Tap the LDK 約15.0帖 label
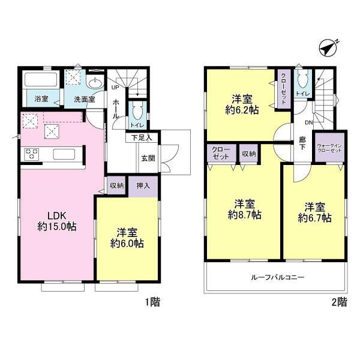tap(57, 221)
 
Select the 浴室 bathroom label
tap(41, 99)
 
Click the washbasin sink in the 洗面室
tap(95, 83)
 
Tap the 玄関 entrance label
tap(148, 158)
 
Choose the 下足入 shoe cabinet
tap(142, 138)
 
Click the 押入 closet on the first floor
tap(143, 187)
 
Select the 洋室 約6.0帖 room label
tap(127, 238)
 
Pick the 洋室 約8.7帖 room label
tap(245, 209)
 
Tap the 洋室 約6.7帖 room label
tap(315, 212)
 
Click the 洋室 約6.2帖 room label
tap(242, 104)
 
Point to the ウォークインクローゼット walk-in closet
tap(329, 148)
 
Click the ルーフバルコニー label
tap(278, 277)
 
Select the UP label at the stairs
tap(115, 88)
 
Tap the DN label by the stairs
tap(309, 122)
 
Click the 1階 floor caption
tap(152, 302)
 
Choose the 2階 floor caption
tap(340, 302)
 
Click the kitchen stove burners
tap(31, 154)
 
